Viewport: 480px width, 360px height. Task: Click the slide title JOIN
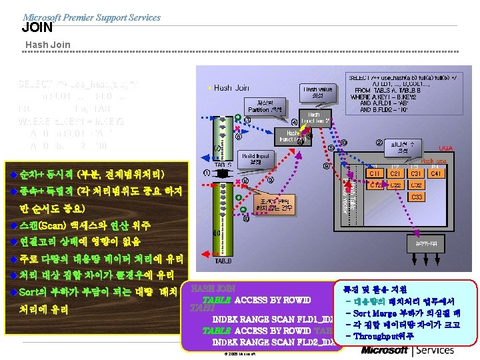[x=37, y=27]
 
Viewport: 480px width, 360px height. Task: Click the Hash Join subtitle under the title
[x=47, y=45]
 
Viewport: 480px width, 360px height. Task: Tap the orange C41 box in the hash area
[x=437, y=174]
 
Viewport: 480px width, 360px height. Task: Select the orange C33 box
[x=417, y=197]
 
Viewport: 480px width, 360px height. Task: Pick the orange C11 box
[x=377, y=174]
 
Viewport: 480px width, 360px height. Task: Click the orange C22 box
[x=396, y=185]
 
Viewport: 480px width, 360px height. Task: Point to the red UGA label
[x=446, y=148]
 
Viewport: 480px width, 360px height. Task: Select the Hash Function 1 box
[x=288, y=137]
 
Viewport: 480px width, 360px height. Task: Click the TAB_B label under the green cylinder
[x=223, y=261]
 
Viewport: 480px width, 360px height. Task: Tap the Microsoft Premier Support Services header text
[x=91, y=17]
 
